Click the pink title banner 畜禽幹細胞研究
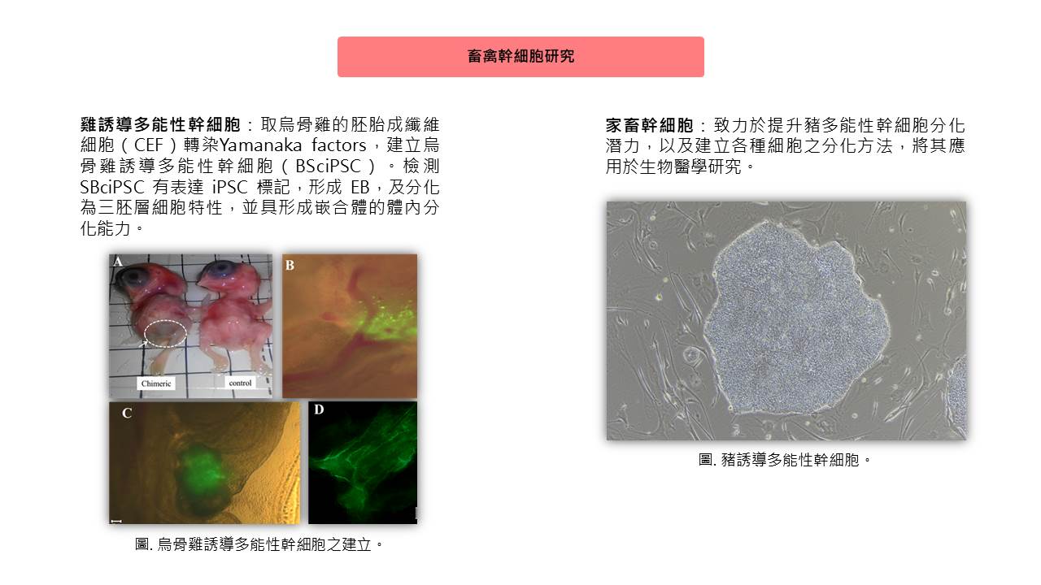(520, 57)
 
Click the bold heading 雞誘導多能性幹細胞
(160, 125)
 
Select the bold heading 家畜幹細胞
(649, 125)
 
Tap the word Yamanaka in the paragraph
(260, 145)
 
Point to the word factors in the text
(339, 145)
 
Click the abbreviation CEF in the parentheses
(148, 145)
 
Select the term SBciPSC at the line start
(112, 187)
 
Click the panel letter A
(118, 262)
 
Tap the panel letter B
(290, 265)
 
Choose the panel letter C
(126, 414)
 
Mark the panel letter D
(319, 409)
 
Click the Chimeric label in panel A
(156, 383)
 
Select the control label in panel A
(240, 383)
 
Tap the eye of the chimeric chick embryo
(133, 276)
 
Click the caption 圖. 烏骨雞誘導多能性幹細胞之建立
(259, 544)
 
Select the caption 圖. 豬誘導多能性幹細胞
(785, 460)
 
